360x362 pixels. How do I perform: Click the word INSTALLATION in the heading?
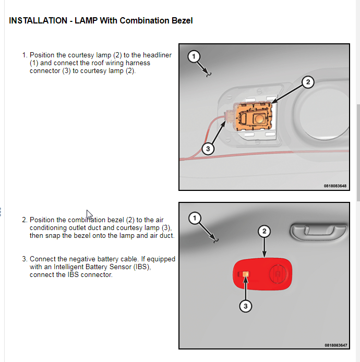(33, 21)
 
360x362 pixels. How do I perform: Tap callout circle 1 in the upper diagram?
(194, 56)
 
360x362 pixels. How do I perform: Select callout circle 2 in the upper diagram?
(308, 82)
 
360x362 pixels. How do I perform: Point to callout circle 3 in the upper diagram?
(208, 149)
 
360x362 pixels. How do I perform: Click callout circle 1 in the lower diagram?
(194, 218)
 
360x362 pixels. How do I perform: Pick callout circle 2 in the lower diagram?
(265, 231)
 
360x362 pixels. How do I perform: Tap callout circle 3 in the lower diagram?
(245, 306)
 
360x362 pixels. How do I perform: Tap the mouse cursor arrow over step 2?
(89, 214)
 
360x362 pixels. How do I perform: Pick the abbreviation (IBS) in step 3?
(141, 267)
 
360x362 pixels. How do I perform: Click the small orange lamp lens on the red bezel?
(246, 274)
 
